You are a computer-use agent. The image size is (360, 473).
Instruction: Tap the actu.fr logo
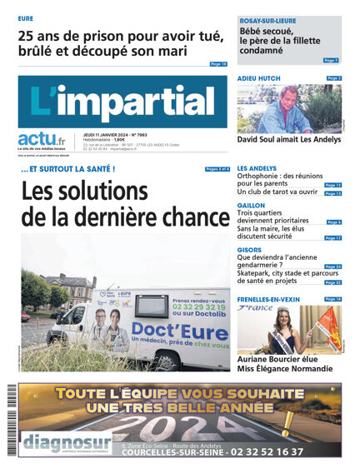(x=42, y=140)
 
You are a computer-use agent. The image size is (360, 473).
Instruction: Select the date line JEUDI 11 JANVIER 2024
(x=111, y=132)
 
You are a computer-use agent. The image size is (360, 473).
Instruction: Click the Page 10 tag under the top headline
(x=218, y=63)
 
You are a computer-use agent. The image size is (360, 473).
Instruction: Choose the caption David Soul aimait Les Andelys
(x=289, y=140)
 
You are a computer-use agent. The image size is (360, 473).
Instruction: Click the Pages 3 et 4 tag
(x=217, y=169)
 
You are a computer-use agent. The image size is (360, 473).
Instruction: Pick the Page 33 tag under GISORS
(x=333, y=266)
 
